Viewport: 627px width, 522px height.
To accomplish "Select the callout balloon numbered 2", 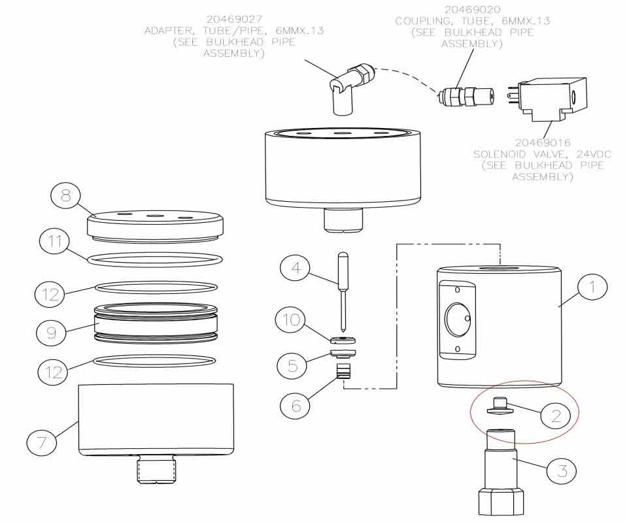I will [x=556, y=416].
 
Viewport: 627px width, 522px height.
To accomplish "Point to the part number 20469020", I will [x=472, y=10].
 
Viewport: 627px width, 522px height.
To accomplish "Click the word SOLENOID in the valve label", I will [x=498, y=154].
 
